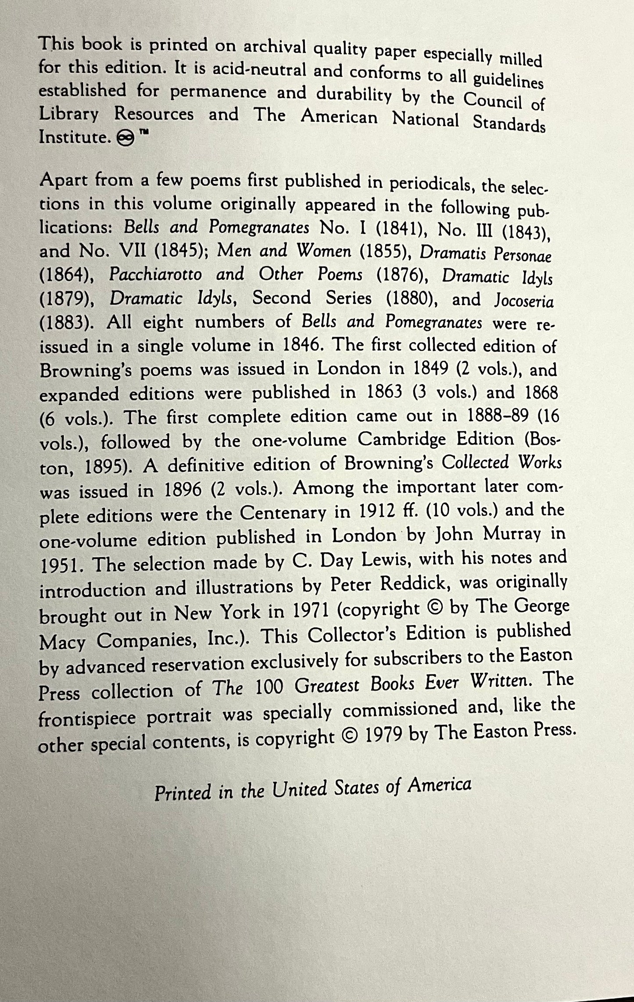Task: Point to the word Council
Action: [493, 100]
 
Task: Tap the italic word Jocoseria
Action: [524, 302]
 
